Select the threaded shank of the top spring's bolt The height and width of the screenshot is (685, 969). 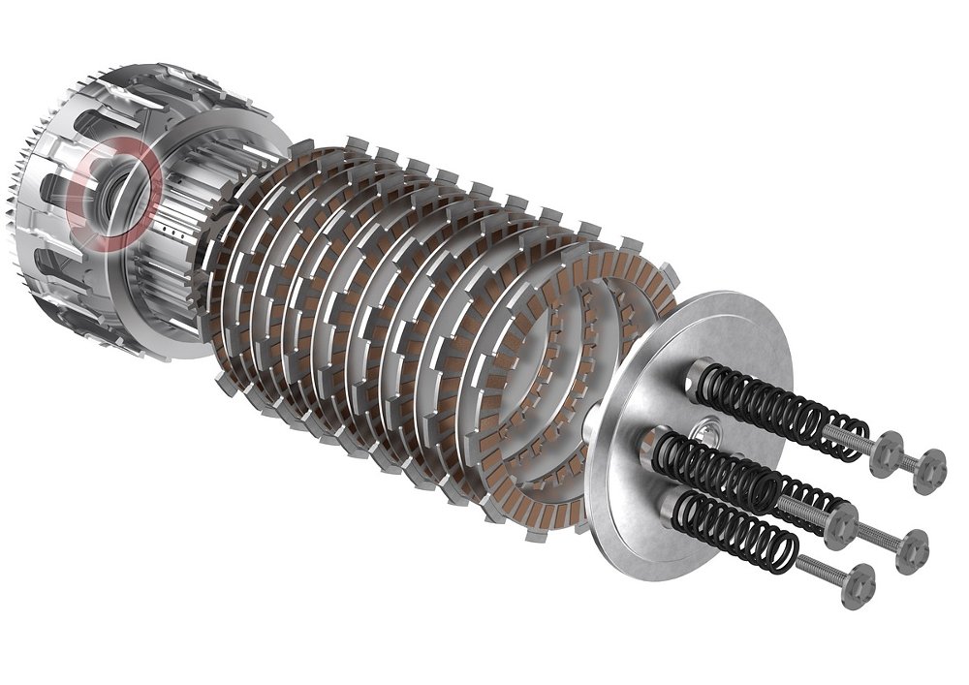853,439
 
